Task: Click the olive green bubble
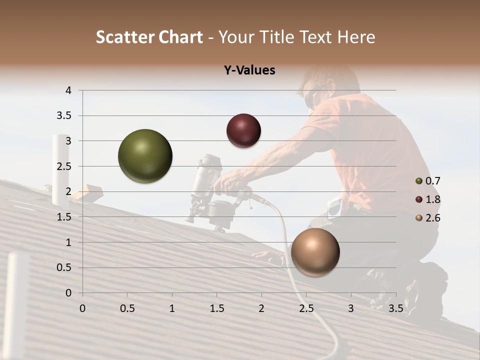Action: coord(145,156)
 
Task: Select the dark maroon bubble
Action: coord(243,130)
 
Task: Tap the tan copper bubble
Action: coord(315,252)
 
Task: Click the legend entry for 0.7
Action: coord(428,181)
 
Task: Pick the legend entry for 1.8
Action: coord(428,199)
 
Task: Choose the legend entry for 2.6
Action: coord(428,218)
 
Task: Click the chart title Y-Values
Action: coord(249,70)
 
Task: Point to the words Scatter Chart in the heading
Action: coord(149,37)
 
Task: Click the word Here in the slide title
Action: coord(355,37)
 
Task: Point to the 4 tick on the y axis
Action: coord(69,90)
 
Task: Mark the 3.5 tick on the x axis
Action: coord(395,308)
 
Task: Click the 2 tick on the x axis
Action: coord(261,308)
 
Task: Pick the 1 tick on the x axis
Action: coord(172,308)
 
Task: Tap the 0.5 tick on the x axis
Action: coord(127,308)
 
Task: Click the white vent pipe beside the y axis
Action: coord(60,170)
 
